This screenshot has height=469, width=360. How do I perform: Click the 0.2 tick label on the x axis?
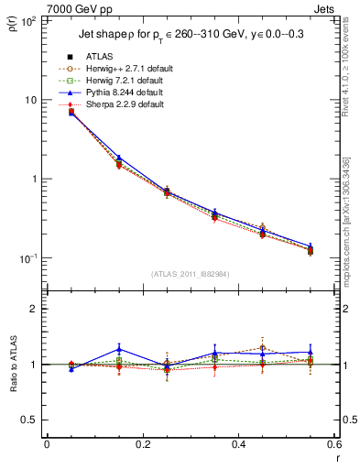(x=142, y=444)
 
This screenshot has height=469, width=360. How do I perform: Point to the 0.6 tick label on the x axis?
(x=332, y=444)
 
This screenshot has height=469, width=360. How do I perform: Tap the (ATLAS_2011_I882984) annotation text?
(x=190, y=274)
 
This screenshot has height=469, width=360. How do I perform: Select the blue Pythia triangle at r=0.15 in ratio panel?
(x=119, y=349)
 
